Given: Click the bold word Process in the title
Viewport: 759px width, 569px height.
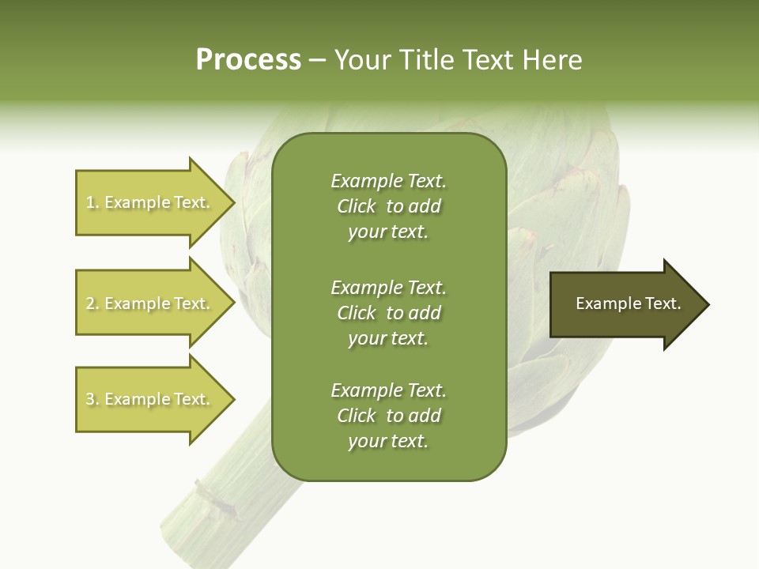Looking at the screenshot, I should (x=248, y=59).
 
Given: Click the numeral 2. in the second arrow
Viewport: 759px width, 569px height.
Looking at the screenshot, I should (x=93, y=303).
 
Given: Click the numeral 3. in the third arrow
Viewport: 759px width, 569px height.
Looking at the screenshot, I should (x=93, y=399).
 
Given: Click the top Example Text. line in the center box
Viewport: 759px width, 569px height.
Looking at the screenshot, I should (x=388, y=181).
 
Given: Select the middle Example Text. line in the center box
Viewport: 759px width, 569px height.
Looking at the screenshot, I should (x=388, y=287).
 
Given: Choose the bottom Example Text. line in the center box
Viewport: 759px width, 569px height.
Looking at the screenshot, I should (x=388, y=390).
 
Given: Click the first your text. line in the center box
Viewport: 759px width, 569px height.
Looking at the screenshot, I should (x=388, y=232).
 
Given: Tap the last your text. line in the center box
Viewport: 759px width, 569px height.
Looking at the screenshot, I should (x=388, y=441).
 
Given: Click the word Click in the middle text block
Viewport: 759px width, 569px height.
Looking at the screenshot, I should (x=356, y=313).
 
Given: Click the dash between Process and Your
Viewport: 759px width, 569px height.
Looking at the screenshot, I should (x=317, y=60).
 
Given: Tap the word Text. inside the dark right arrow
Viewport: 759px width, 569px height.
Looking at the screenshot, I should (x=663, y=303).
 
